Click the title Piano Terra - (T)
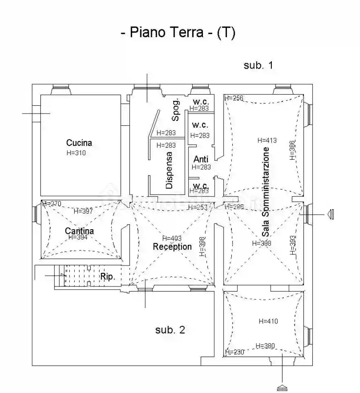(178, 33)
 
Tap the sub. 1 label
(258, 65)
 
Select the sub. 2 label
(170, 330)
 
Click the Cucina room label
(79, 143)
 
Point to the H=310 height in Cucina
(76, 153)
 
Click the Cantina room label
(79, 231)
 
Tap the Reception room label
(172, 247)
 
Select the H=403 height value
(172, 238)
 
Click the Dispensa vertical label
(169, 170)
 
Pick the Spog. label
(176, 110)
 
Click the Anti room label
(201, 159)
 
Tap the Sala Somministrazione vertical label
(266, 192)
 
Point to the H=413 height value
(267, 140)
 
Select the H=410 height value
(268, 321)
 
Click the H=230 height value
(234, 352)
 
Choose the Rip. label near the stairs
(108, 277)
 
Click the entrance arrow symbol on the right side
(331, 214)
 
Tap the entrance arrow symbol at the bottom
(282, 387)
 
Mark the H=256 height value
(233, 98)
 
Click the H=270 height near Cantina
(51, 203)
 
